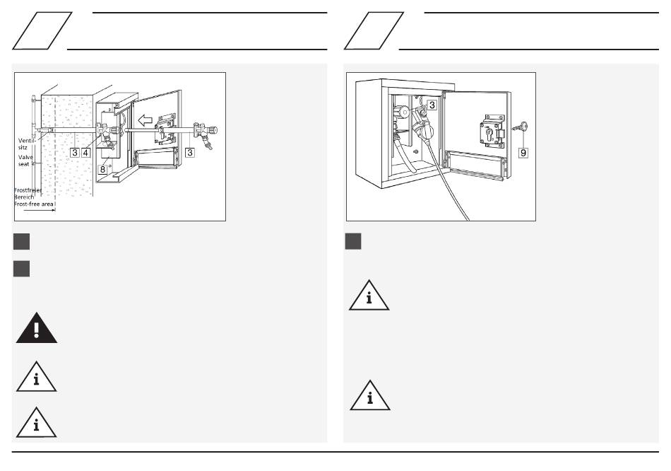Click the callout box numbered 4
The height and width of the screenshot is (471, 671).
pos(86,152)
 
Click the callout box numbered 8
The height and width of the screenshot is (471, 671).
pos(102,169)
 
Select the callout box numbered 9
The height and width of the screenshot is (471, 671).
pos(523,153)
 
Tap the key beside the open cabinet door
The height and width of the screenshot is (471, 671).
pos(521,127)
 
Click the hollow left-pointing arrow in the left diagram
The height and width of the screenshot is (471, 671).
pos(146,120)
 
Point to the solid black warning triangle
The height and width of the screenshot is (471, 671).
pos(36,328)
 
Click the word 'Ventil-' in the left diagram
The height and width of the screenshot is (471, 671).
pos(27,141)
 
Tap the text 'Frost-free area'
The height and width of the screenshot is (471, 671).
pos(34,204)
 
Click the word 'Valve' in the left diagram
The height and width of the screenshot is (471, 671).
pos(25,157)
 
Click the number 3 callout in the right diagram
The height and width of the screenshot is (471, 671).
pos(432,105)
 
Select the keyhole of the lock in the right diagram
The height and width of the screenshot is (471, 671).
pos(489,134)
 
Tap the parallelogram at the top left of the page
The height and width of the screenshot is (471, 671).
pos(42,31)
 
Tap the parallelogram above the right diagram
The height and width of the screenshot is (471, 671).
pos(374,31)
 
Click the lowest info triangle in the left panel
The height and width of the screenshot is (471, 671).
pos(36,423)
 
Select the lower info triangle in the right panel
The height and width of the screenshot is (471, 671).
pos(370,396)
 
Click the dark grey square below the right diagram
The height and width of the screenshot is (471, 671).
pos(353,241)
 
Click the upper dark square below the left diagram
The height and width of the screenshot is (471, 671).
pos(21,241)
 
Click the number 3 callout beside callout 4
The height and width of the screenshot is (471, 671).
pos(75,152)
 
